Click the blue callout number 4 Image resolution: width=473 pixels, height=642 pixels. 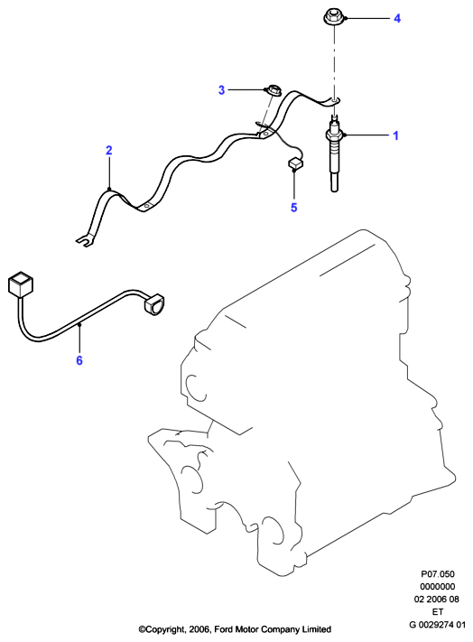pos(397,18)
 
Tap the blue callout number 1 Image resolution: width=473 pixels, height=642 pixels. pos(395,135)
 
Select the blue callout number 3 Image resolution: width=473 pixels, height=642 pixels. pos(221,90)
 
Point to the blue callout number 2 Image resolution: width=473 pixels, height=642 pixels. pos(109,150)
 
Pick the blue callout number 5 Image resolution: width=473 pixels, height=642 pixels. pos(293,208)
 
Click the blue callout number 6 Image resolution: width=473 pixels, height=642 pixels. pos(79,360)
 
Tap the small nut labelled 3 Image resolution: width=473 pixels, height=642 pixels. pos(272,90)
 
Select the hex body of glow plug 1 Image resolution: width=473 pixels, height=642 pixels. pos(335,135)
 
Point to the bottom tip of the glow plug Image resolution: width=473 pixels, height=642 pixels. pos(335,190)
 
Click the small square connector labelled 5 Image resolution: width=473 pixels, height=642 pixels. pos(295,163)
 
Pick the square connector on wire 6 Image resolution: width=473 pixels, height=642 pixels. pos(20,284)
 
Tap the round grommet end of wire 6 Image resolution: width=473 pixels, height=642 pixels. pos(153,304)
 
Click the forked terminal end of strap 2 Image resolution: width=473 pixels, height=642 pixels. pos(83,242)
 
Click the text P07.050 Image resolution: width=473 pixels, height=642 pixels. pos(438,574)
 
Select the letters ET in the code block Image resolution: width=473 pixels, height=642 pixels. pos(438,611)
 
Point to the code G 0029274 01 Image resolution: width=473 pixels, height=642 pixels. pos(438,625)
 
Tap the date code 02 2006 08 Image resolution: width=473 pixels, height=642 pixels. pos(437,599)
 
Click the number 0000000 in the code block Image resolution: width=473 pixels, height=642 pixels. pos(438,586)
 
